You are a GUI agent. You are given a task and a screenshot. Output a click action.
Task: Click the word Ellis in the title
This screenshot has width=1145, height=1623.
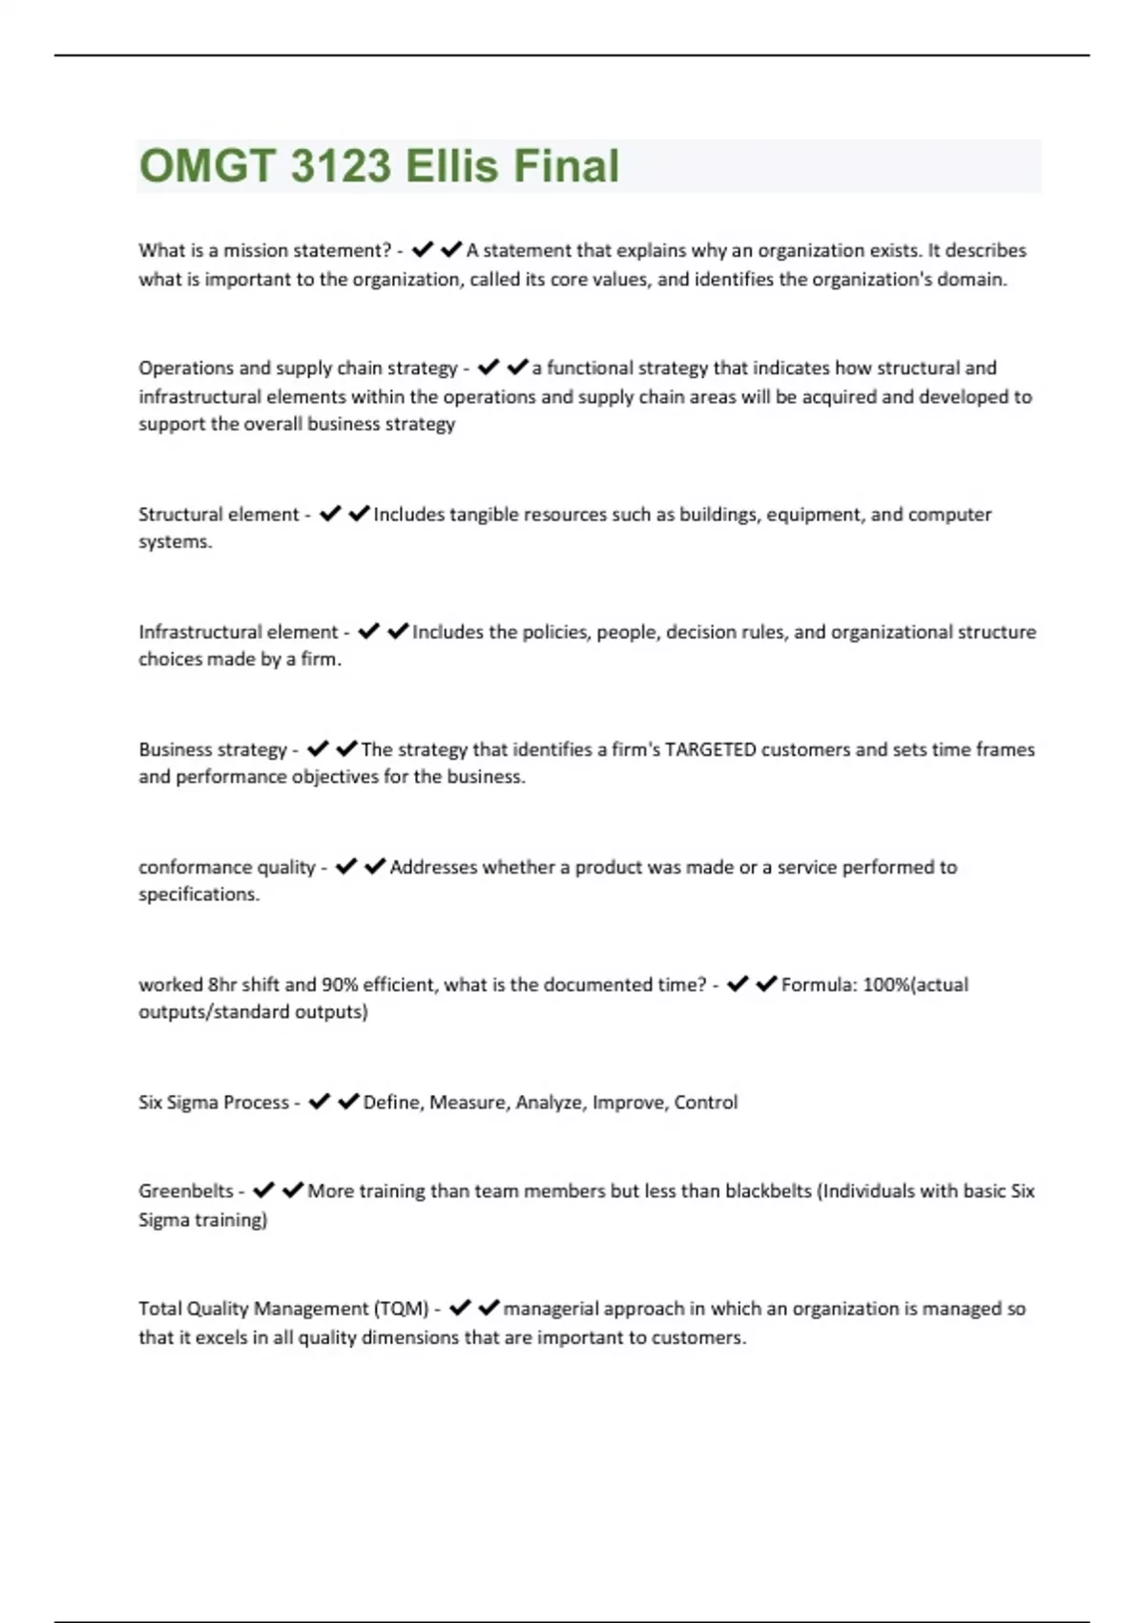[452, 165]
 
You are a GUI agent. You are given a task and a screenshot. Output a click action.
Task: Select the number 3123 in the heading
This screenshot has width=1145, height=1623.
[340, 165]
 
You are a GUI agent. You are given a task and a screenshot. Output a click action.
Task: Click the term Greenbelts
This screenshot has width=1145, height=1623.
[185, 1191]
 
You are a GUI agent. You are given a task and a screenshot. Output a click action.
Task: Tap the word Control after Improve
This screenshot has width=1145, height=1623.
[705, 1102]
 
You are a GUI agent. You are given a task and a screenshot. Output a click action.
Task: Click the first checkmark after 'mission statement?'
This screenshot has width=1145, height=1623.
[423, 250]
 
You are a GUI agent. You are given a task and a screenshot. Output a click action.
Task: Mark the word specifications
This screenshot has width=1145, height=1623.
[198, 895]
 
